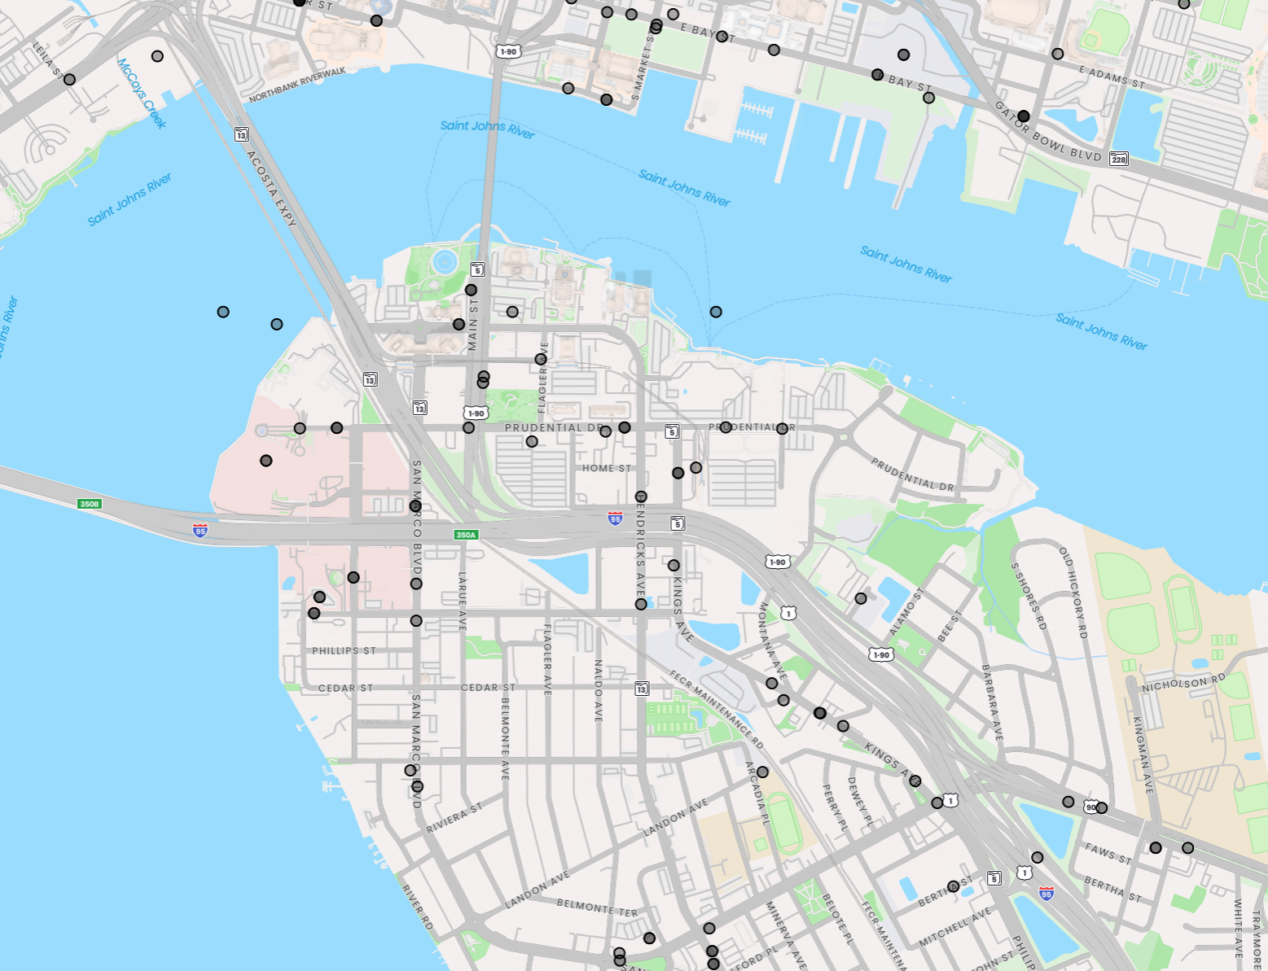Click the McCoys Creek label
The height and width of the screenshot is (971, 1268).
click(x=142, y=93)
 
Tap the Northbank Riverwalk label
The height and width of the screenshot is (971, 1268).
click(x=297, y=85)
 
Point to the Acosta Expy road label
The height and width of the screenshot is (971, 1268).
click(x=271, y=189)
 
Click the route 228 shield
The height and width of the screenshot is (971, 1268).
click(x=1119, y=159)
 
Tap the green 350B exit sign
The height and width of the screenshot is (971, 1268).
click(x=89, y=504)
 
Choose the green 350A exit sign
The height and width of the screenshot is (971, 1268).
click(x=466, y=535)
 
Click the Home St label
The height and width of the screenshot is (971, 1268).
click(x=607, y=468)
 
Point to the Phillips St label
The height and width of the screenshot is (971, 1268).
click(x=344, y=650)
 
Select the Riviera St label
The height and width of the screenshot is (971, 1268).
click(x=454, y=818)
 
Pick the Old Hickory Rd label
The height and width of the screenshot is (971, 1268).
click(x=1073, y=592)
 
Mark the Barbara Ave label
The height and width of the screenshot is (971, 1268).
click(x=992, y=702)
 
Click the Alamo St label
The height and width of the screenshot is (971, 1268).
click(x=906, y=612)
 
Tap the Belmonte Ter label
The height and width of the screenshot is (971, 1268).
click(x=597, y=908)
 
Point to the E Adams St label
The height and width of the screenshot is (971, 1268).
click(x=1112, y=77)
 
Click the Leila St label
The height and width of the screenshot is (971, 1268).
click(x=47, y=60)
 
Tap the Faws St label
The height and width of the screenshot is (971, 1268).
click(x=1108, y=853)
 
